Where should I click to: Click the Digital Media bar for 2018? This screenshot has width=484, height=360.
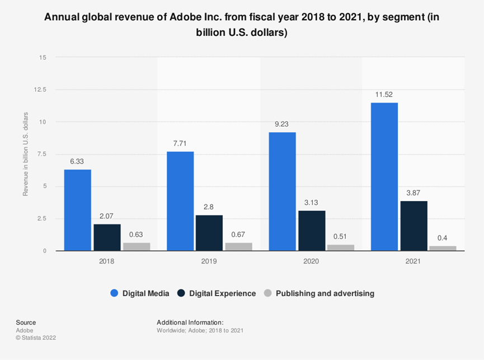click(x=77, y=210)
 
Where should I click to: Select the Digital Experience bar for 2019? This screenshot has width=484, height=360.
click(x=209, y=233)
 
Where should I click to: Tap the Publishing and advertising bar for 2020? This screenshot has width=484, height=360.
click(x=341, y=247)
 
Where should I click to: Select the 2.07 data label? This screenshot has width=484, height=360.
click(x=107, y=217)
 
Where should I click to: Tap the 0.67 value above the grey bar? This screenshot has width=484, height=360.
click(x=239, y=235)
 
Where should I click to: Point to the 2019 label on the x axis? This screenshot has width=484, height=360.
click(x=209, y=261)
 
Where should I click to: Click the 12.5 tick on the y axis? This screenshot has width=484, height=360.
click(x=40, y=90)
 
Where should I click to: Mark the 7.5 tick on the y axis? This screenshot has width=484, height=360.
click(x=43, y=154)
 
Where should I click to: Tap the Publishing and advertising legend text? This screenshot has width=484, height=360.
click(x=325, y=293)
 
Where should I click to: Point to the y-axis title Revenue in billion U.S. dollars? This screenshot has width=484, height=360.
click(x=25, y=154)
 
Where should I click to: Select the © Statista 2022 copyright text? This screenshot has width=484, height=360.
click(x=36, y=338)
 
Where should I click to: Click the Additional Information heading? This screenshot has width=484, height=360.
click(x=190, y=322)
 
